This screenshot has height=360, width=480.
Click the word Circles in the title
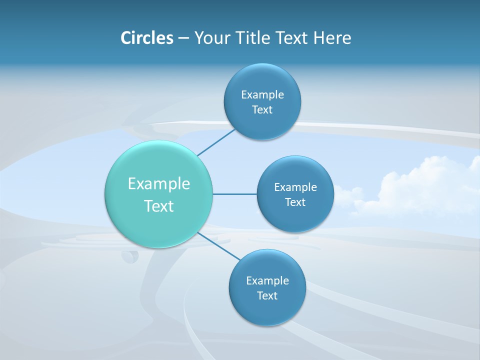point(147,38)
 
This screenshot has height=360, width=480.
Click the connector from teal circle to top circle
point(216,142)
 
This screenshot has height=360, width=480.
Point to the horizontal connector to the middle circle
point(234,194)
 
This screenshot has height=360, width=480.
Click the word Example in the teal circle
point(159,184)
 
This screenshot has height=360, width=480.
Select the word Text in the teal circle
point(159,206)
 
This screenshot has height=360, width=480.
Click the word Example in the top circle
point(262,95)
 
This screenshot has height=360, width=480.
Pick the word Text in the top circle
point(262,110)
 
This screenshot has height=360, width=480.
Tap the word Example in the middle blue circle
point(295,187)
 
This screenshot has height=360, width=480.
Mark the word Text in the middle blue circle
point(295,202)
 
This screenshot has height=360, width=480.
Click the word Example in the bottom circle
point(267,281)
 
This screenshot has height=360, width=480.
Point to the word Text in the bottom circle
point(267,296)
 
